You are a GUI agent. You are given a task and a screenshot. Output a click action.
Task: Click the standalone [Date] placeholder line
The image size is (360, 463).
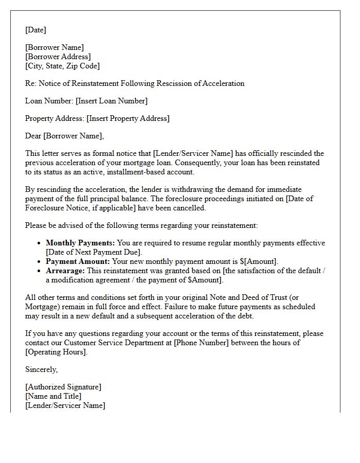(x=35, y=30)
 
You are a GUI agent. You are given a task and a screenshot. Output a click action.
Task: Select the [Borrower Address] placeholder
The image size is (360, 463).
(x=58, y=57)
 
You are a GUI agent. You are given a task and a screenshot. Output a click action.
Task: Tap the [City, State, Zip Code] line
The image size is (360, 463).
(x=62, y=66)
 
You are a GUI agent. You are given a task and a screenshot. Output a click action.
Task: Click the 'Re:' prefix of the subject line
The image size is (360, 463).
(x=30, y=83)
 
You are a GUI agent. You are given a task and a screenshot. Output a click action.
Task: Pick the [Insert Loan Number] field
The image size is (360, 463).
(x=111, y=101)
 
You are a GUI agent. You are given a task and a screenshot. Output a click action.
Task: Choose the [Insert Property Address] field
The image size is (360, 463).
(x=128, y=118)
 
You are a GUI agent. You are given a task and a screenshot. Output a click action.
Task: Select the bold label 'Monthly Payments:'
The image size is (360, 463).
(x=80, y=243)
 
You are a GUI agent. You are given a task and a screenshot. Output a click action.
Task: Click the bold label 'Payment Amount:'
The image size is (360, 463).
(x=78, y=261)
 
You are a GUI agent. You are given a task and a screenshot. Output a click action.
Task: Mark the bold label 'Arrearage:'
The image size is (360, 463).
(x=65, y=271)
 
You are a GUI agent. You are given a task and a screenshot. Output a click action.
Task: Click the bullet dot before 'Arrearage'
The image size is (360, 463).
(x=40, y=271)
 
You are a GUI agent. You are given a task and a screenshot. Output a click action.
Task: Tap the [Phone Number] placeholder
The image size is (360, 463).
(x=194, y=343)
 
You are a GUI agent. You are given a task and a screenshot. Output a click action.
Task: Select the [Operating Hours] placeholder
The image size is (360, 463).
(x=56, y=352)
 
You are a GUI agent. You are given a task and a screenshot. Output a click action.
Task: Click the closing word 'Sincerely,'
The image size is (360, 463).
(x=42, y=369)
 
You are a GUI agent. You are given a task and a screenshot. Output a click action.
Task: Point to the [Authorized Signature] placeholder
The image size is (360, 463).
(x=63, y=387)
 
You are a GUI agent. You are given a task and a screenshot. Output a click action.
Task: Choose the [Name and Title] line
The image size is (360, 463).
(x=53, y=396)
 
